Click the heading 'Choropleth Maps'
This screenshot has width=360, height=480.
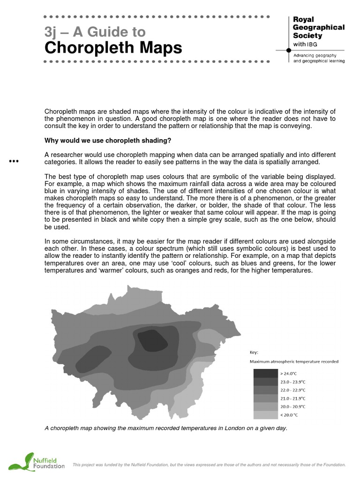coord(113,48)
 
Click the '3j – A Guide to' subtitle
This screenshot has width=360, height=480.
coord(95,32)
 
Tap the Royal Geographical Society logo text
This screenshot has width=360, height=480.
coord(318,28)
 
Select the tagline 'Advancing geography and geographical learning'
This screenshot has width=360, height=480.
coord(319,58)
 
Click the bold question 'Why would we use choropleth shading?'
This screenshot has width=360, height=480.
coord(108,141)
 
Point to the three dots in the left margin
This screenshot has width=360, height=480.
coord(14,162)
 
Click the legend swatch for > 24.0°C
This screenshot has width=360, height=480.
coord(265,374)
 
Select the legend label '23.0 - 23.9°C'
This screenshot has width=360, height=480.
coord(292,382)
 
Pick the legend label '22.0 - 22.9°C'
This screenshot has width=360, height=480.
coord(292,390)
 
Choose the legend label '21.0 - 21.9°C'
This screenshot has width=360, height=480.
coord(292,398)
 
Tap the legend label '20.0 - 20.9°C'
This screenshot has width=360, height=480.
coord(292,406)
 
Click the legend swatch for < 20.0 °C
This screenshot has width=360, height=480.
coord(265,415)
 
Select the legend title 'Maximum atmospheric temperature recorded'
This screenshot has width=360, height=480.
coord(294,362)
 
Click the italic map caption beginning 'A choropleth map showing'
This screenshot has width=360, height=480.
coord(165,428)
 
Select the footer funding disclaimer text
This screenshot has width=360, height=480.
coord(209,465)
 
